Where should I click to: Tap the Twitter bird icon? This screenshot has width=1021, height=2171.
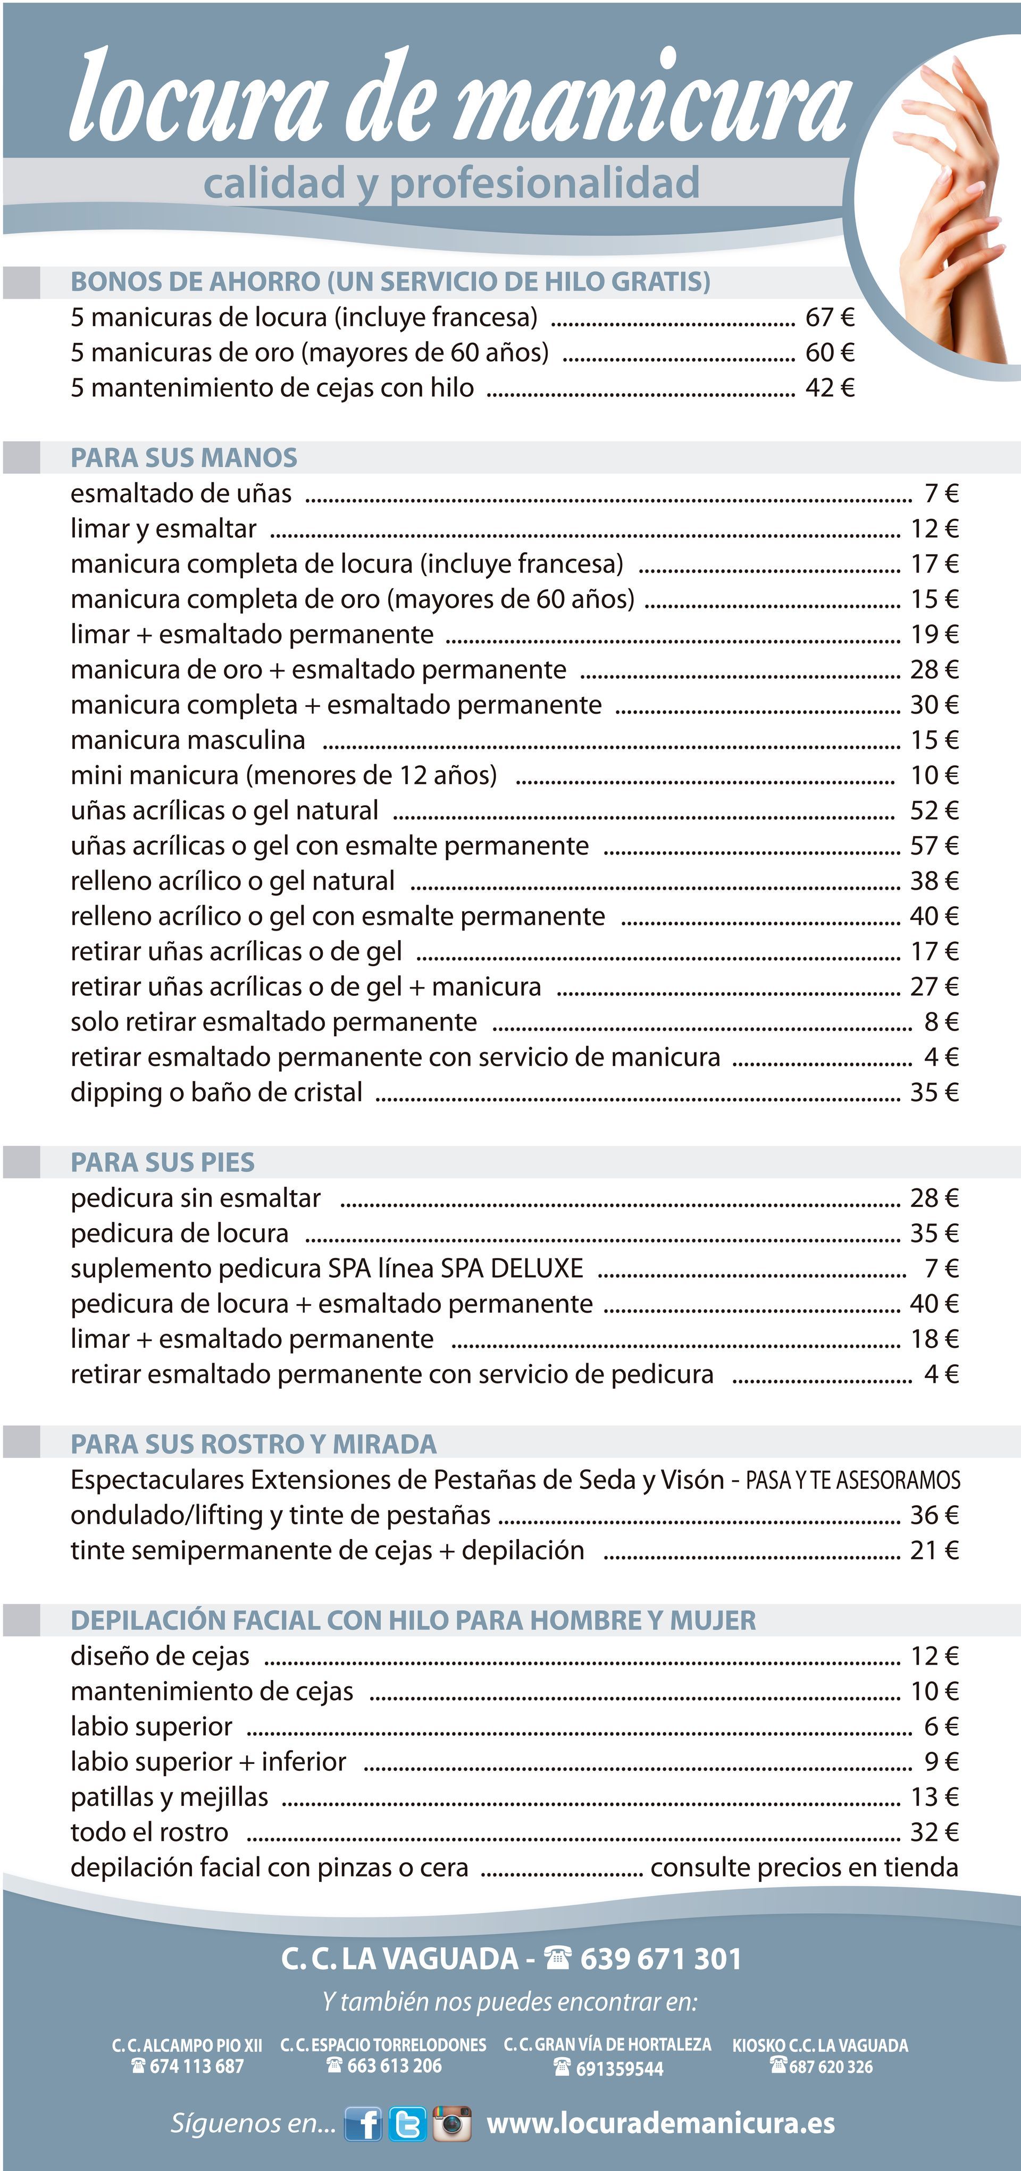pyautogui.click(x=408, y=2123)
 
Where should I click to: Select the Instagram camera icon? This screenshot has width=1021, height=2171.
pyautogui.click(x=452, y=2123)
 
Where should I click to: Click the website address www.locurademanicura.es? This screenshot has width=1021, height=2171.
pyautogui.click(x=660, y=2123)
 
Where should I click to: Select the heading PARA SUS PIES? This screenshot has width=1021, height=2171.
pyautogui.click(x=163, y=1162)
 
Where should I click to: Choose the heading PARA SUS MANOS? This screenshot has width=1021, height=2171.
pyautogui.click(x=184, y=458)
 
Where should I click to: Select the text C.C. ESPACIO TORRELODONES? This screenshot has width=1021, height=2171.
pyautogui.click(x=383, y=2046)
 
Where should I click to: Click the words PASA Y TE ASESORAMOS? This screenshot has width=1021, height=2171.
pyautogui.click(x=852, y=1480)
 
